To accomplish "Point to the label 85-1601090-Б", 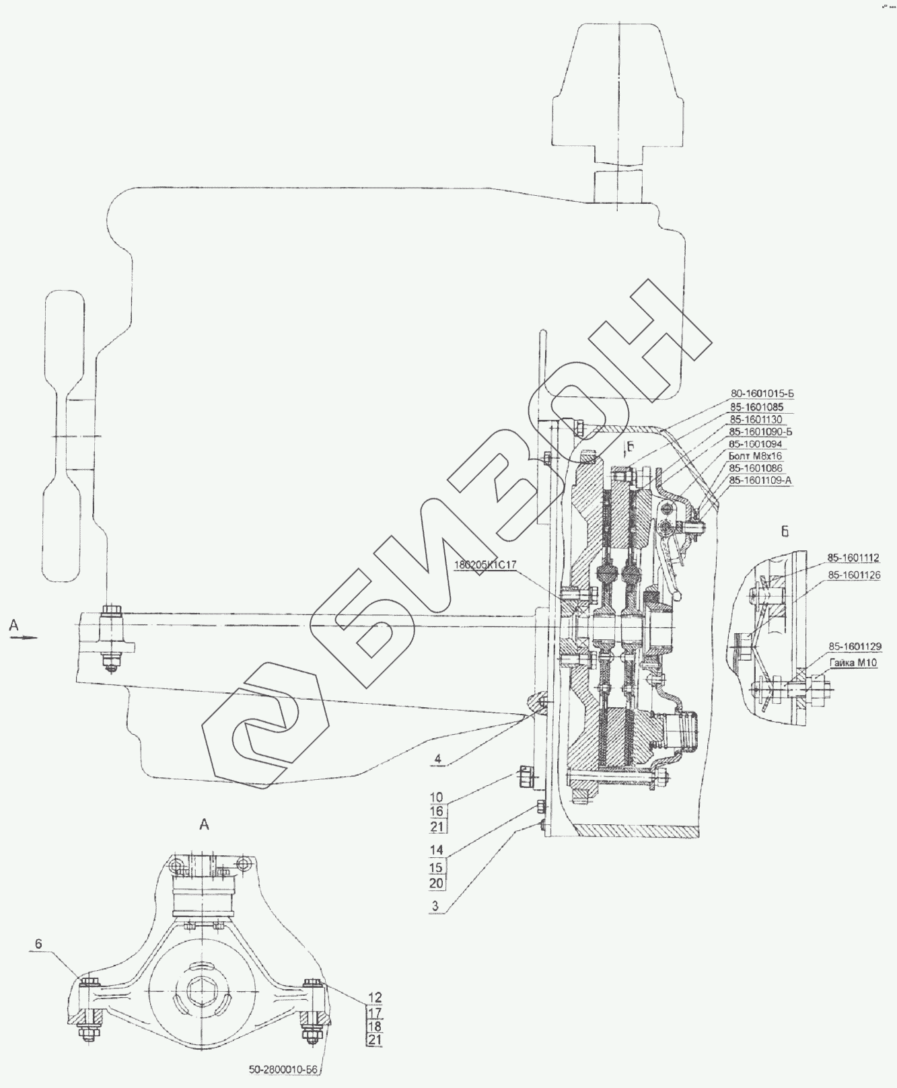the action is [x=760, y=431].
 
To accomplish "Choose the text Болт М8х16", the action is [x=753, y=456].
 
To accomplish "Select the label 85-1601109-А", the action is [x=760, y=480].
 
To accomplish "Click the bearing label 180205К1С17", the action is [x=485, y=565].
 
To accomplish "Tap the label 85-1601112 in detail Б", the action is [x=853, y=558].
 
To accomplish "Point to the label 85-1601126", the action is [x=853, y=575].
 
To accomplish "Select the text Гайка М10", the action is [x=848, y=663].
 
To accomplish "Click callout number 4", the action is [x=438, y=759].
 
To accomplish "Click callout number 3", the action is [x=436, y=906].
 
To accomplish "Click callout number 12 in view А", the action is [x=375, y=998].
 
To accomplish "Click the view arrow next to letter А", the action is [x=26, y=637].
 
